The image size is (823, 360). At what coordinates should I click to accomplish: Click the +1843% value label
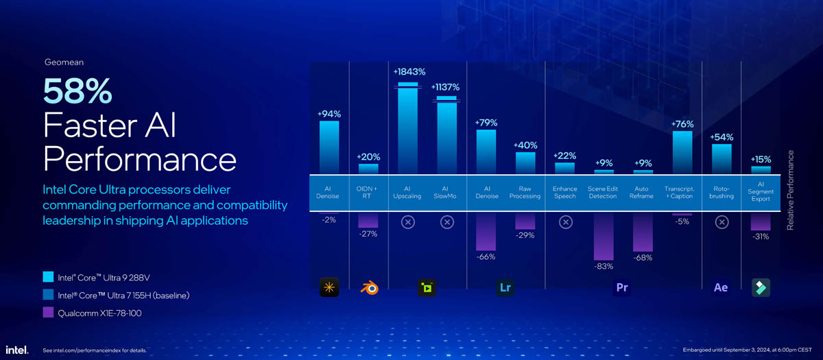tap(409, 72)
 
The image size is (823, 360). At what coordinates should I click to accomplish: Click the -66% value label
tap(486, 257)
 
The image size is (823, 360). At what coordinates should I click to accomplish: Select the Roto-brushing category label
tap(721, 192)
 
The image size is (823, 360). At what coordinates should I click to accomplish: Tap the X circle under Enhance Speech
tap(564, 222)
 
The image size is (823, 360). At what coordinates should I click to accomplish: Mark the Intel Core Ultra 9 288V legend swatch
tap(48, 278)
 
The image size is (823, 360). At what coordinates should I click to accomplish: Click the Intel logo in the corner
tap(17, 350)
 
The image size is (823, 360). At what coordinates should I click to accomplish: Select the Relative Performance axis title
tap(790, 190)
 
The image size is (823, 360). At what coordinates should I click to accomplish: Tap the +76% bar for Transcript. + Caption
tap(682, 152)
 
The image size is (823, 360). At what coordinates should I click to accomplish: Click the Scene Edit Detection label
tap(603, 192)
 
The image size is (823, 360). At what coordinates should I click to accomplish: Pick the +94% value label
tap(329, 114)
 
